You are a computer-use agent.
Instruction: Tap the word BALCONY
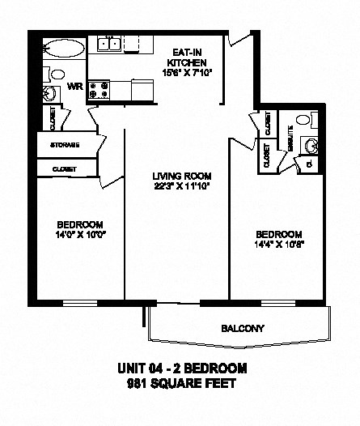point(244,329)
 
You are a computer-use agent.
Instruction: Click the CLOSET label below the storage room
point(64,168)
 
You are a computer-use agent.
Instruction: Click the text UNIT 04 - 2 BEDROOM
point(180,368)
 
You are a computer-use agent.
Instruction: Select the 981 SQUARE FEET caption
point(180,383)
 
